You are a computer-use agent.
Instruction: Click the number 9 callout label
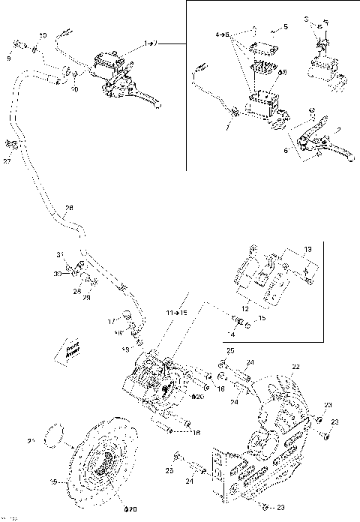click(9, 58)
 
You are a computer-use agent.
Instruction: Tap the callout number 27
click(7, 160)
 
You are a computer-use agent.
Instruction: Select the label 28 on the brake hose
click(70, 208)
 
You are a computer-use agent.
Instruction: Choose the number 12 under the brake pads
click(244, 306)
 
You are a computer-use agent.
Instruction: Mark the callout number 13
click(307, 249)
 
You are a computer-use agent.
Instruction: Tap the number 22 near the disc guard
click(295, 366)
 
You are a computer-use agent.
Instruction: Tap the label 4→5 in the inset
click(222, 34)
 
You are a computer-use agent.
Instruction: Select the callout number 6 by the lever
click(287, 150)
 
